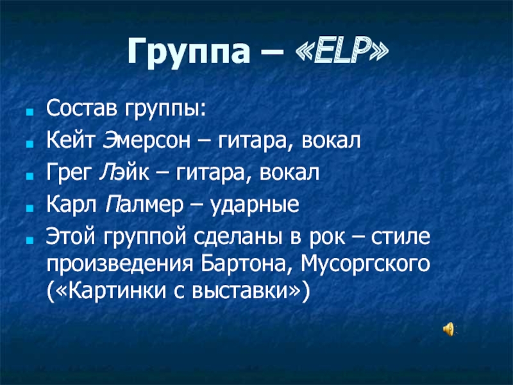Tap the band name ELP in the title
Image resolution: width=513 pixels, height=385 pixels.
coord(342,51)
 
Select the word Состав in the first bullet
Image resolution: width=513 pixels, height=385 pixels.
coord(81,108)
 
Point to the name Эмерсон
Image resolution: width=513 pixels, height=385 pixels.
coord(146,141)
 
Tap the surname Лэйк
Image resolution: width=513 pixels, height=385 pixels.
coord(124,173)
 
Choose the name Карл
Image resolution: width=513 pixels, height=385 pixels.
coord(71,205)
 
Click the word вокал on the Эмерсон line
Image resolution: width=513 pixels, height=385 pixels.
coord(331,141)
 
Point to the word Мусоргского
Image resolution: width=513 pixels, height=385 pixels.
coord(366,264)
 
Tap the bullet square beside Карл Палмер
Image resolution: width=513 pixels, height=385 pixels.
coord(30,208)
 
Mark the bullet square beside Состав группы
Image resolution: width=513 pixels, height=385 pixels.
coord(30,112)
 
